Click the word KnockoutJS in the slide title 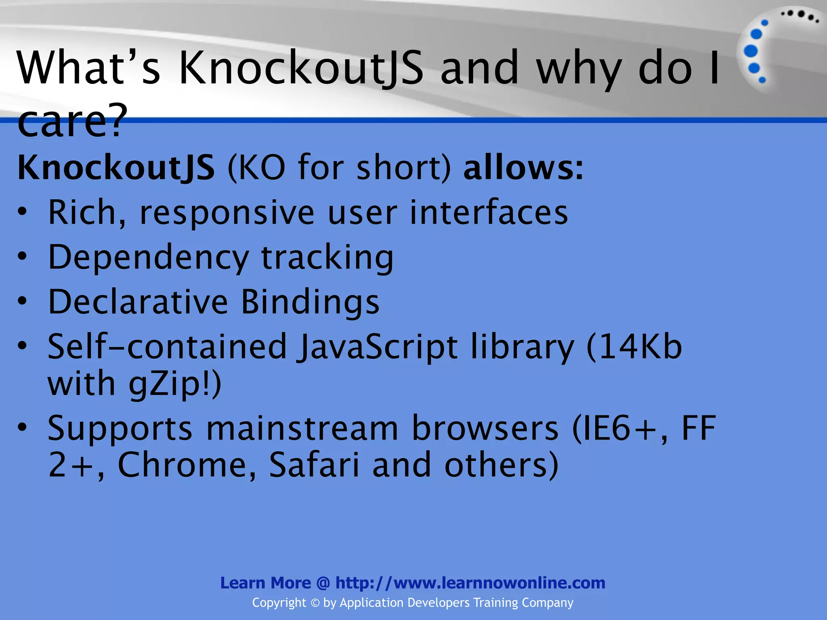pyautogui.click(x=301, y=68)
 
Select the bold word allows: pyautogui.click(x=523, y=167)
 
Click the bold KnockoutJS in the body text pyautogui.click(x=116, y=168)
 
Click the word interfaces pyautogui.click(x=489, y=212)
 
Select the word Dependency pyautogui.click(x=148, y=258)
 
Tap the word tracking pyautogui.click(x=327, y=258)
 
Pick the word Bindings pyautogui.click(x=310, y=302)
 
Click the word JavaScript pyautogui.click(x=377, y=347)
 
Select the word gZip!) pyautogui.click(x=175, y=383)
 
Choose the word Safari pyautogui.click(x=314, y=465)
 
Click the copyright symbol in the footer pyautogui.click(x=315, y=603)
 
